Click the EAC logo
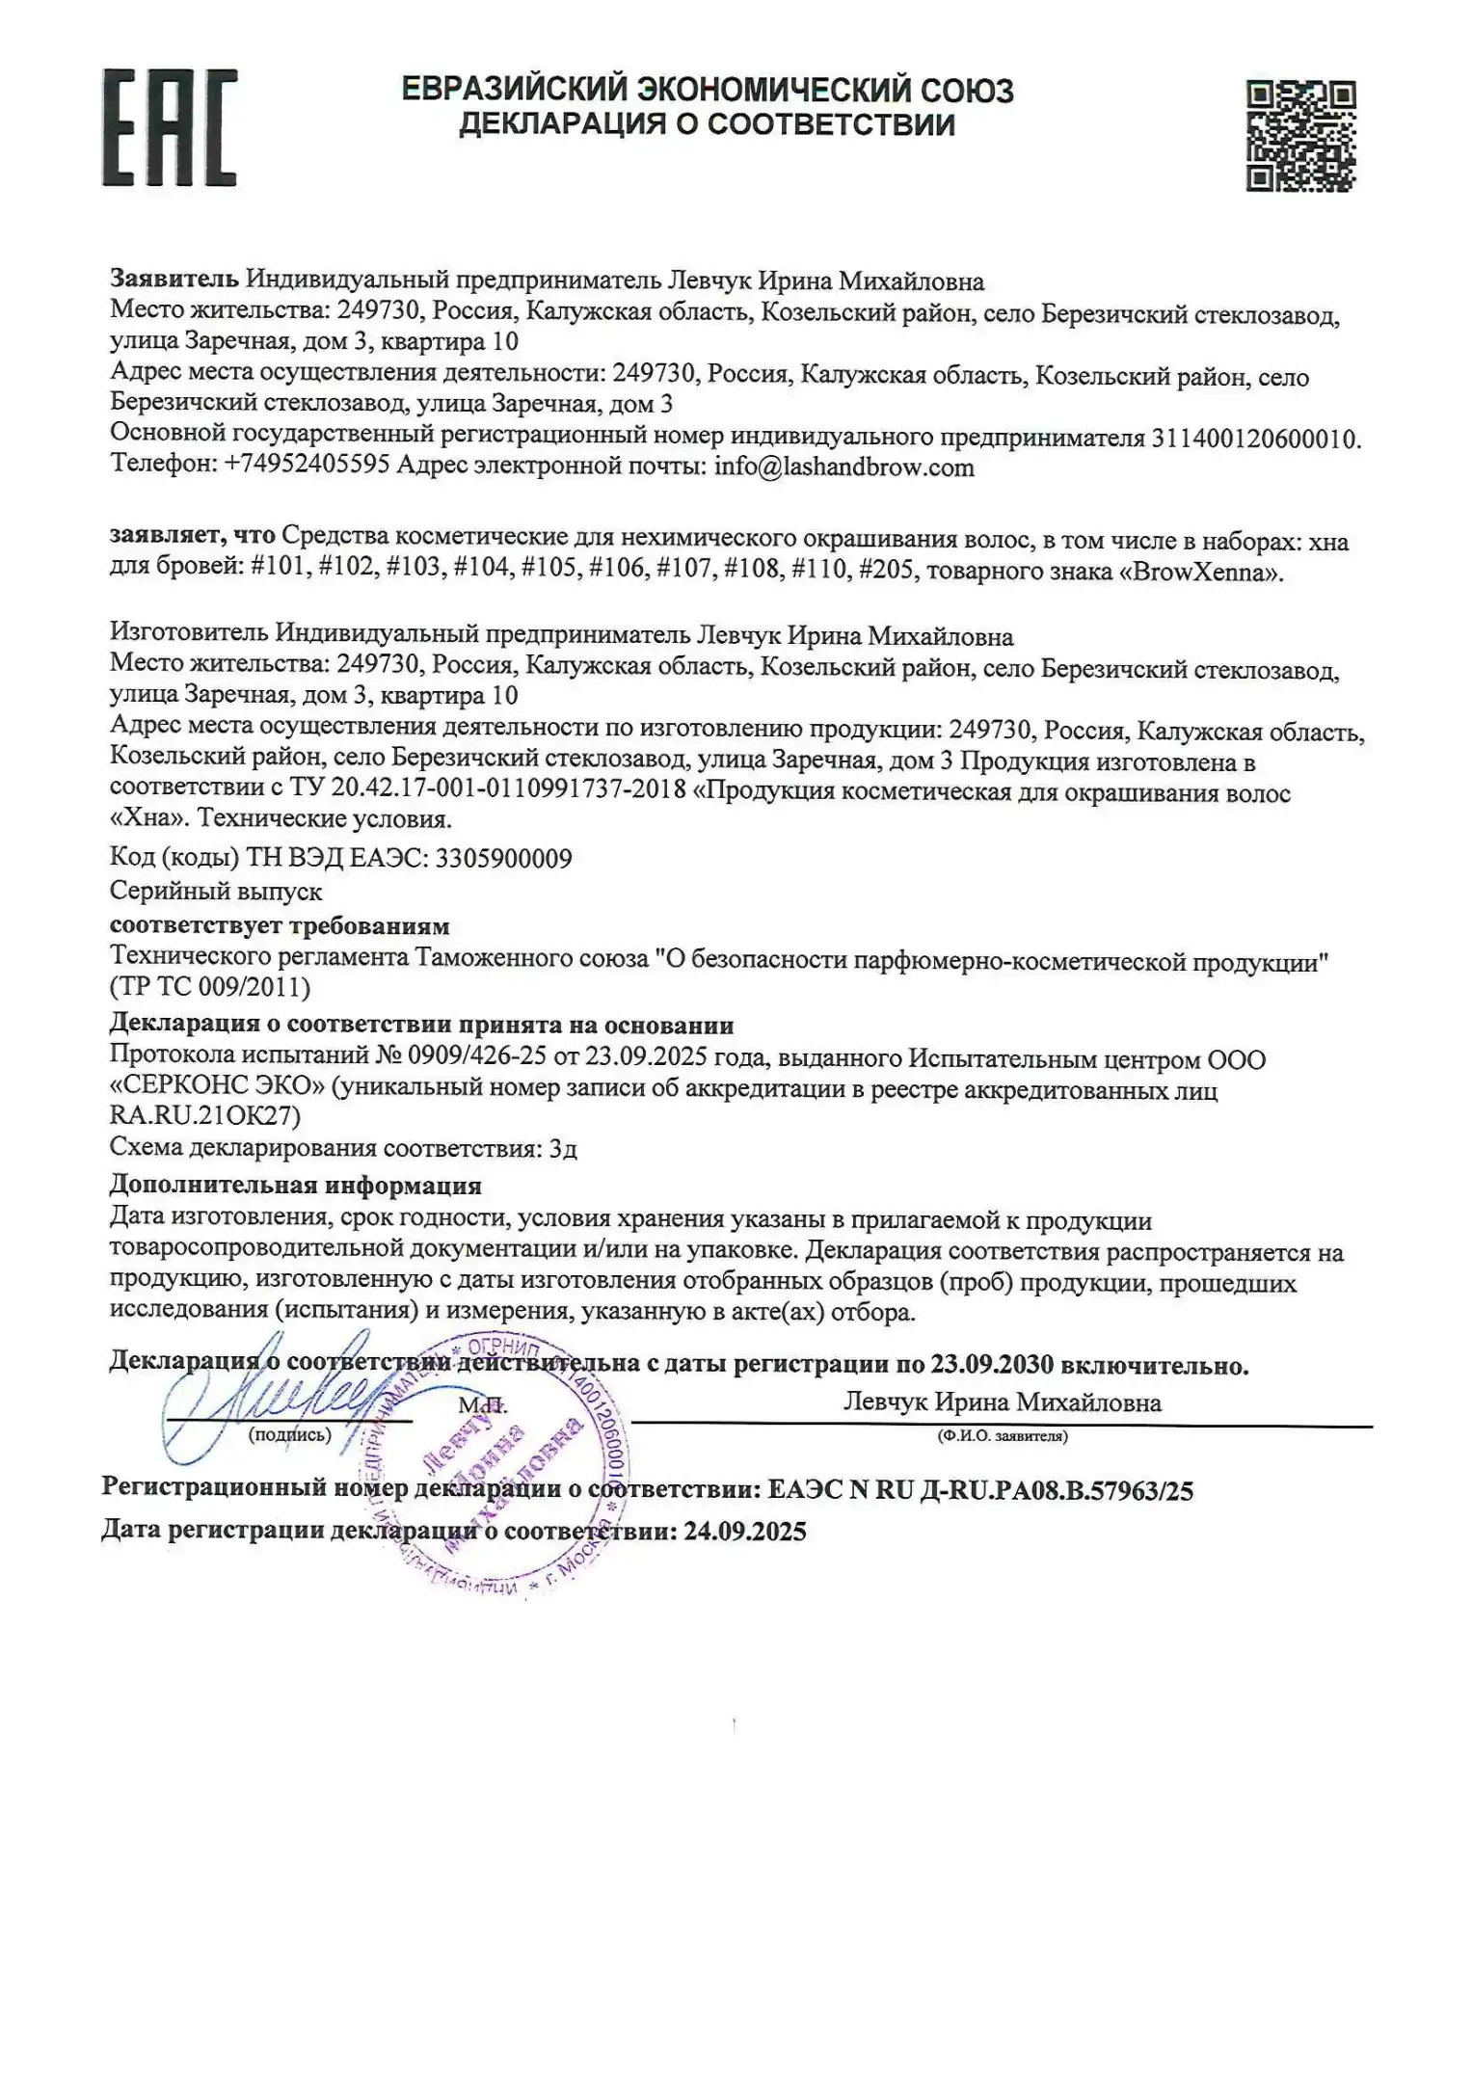(x=170, y=127)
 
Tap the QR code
(x=1301, y=136)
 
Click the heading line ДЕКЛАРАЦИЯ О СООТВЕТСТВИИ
(x=707, y=124)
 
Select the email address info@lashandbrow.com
(x=843, y=467)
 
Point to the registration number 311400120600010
(x=1253, y=439)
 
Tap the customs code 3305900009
(x=503, y=858)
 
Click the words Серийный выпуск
(x=216, y=892)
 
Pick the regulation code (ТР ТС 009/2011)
(x=210, y=987)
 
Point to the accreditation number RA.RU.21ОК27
(x=205, y=1115)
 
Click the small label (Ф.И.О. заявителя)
(x=1003, y=1436)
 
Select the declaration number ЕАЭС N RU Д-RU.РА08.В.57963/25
(x=980, y=1491)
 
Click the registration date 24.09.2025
(x=744, y=1532)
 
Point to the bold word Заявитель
(x=174, y=280)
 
